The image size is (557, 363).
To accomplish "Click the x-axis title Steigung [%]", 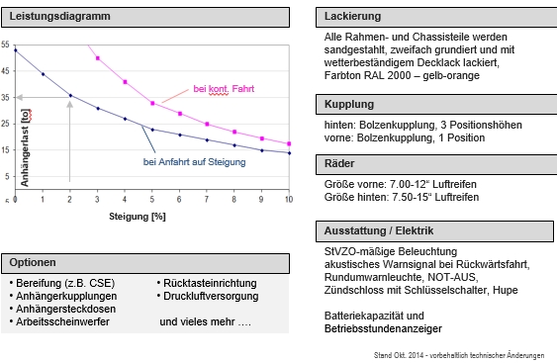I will click(138, 215).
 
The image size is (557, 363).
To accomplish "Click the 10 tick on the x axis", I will click(288, 200).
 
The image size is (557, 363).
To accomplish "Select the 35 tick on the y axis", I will click(6, 97).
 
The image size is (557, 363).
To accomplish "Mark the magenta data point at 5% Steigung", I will click(152, 103).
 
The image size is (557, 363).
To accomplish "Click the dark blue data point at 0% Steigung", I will click(15, 50).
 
